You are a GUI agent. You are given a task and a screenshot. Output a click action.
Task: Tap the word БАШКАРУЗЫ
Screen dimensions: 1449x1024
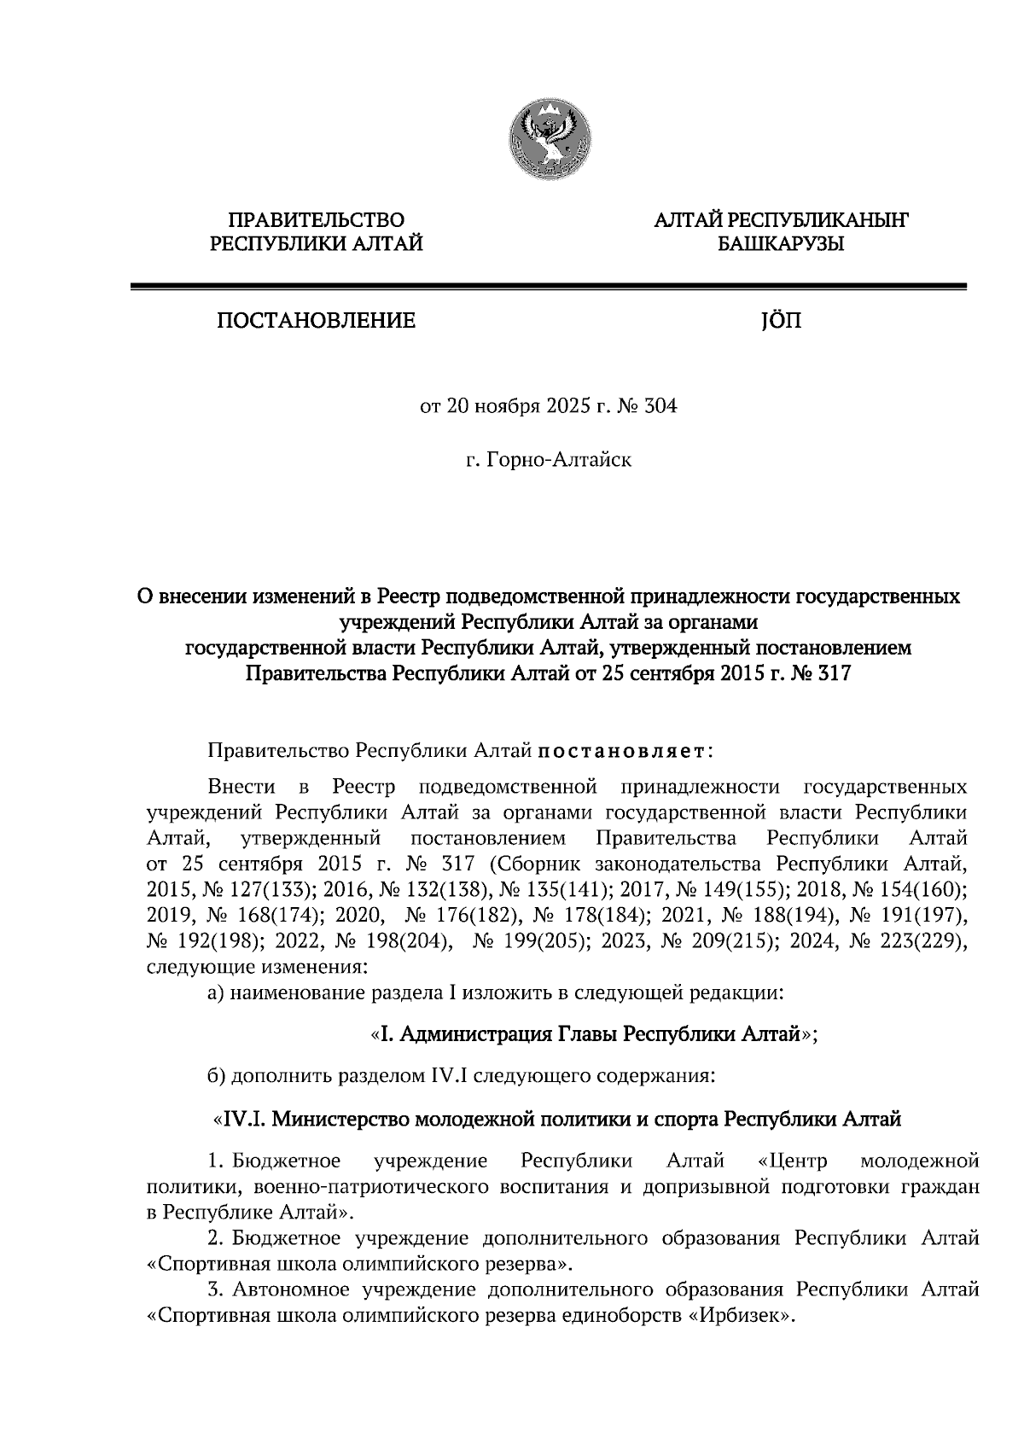click(780, 246)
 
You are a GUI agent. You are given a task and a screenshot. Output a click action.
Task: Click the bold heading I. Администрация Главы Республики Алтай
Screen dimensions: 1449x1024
click(595, 1035)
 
